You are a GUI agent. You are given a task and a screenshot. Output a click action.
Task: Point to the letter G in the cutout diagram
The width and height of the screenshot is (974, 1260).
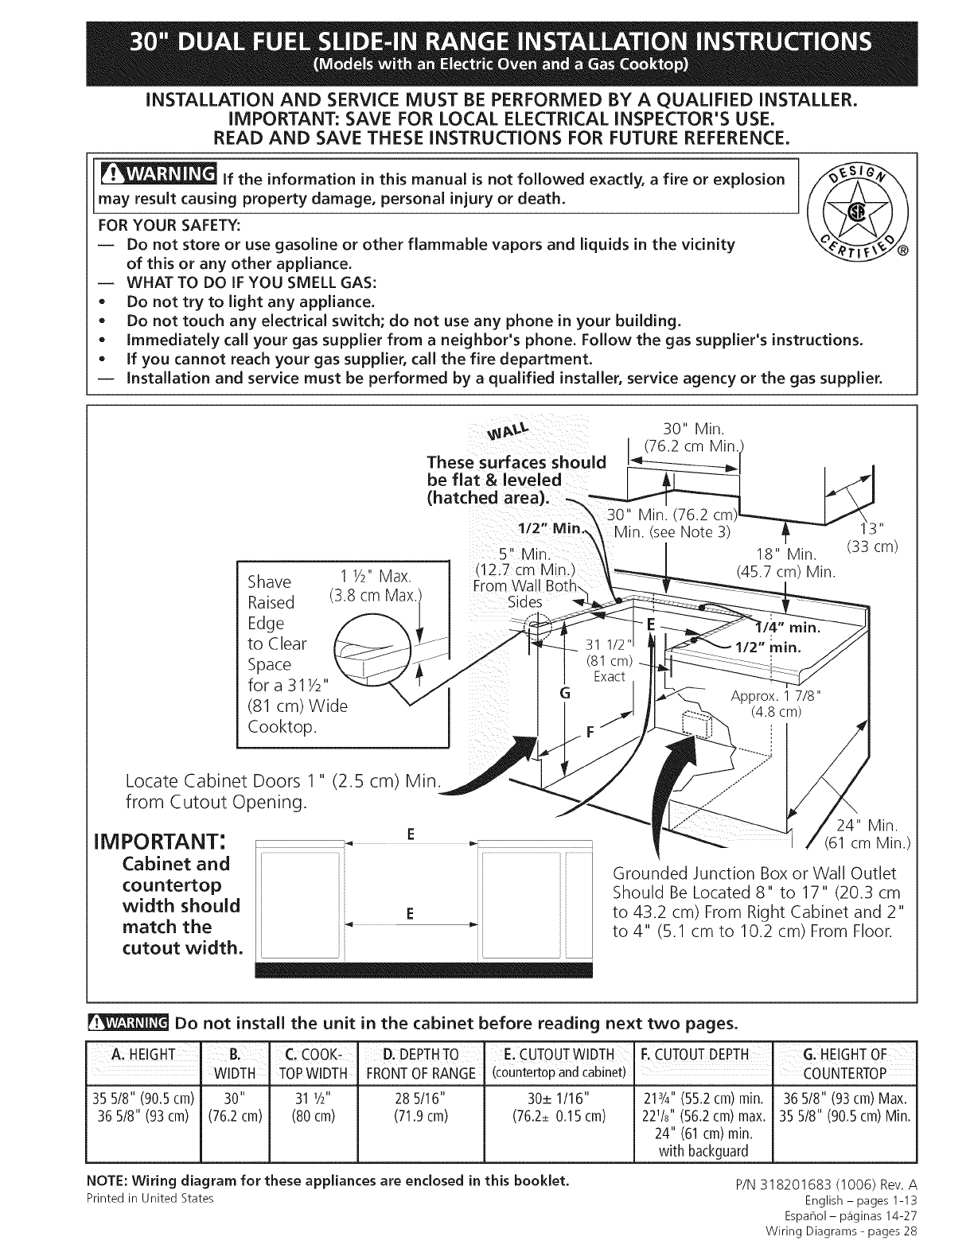[x=565, y=693]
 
